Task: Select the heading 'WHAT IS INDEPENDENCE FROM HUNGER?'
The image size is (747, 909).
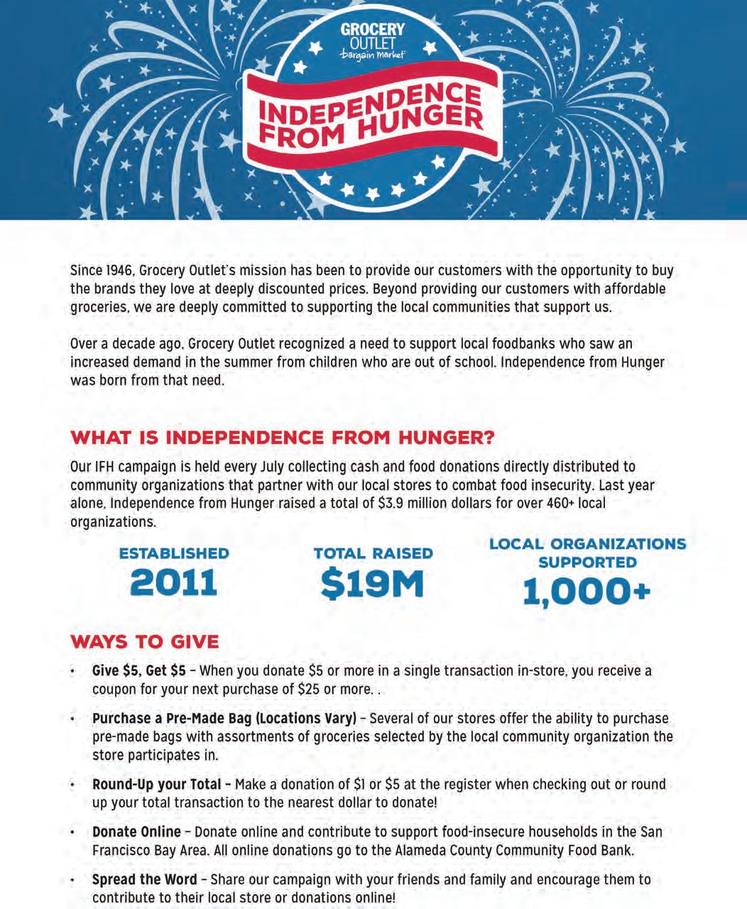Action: pyautogui.click(x=283, y=437)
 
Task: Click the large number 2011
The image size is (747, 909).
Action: pyautogui.click(x=174, y=583)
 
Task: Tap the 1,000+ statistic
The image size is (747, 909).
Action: pyautogui.click(x=587, y=592)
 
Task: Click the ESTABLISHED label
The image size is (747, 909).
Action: pyautogui.click(x=174, y=553)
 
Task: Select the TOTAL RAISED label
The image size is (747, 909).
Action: pyautogui.click(x=373, y=553)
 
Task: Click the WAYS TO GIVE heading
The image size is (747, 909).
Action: pyautogui.click(x=145, y=642)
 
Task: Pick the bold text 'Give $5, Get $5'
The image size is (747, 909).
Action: pyautogui.click(x=139, y=671)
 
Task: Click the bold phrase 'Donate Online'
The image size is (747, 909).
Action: pyautogui.click(x=136, y=832)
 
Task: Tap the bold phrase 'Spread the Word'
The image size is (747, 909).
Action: pyautogui.click(x=144, y=880)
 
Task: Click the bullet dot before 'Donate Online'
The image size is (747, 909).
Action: pyautogui.click(x=72, y=832)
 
